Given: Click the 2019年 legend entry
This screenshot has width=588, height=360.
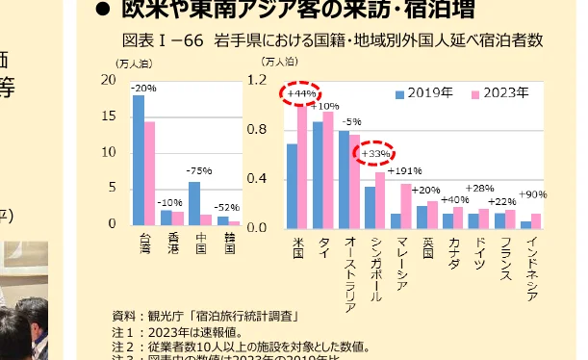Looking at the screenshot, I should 424,93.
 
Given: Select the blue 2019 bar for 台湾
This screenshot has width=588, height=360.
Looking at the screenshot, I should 139,160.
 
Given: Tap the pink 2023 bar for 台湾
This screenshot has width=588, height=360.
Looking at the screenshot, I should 149,172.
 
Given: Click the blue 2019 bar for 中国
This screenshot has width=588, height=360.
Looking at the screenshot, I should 194,203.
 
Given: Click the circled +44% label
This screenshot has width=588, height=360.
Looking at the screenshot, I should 299,93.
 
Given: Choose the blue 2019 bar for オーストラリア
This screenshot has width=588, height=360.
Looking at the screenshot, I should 344,179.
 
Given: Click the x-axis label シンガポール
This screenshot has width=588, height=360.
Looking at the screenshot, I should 375,269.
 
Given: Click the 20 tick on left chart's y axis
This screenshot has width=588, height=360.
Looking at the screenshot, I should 109,81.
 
